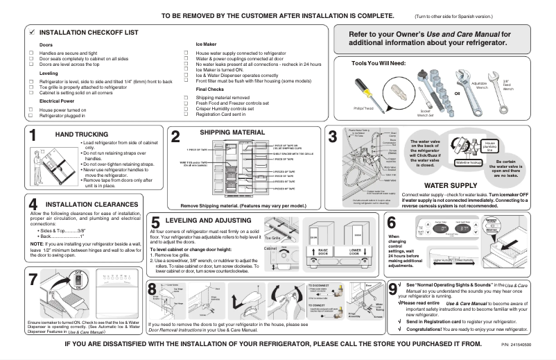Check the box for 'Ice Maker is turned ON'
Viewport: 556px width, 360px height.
coord(188,69)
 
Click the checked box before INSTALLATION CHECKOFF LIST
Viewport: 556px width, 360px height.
coord(32,33)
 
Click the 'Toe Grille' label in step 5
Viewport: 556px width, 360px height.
coord(270,238)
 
